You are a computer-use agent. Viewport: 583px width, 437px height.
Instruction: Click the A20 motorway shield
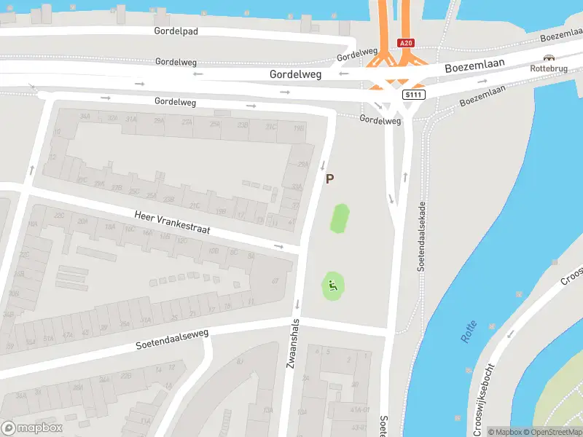pos(407,44)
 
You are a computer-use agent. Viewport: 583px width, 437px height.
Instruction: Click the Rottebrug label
pos(549,68)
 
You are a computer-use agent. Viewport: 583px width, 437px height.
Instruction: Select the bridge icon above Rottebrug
pos(549,58)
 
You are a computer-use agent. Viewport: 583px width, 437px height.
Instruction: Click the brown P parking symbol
pos(330,179)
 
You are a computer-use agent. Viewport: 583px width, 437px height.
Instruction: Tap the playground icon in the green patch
pos(332,286)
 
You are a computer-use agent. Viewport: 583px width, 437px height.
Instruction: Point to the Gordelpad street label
pos(176,31)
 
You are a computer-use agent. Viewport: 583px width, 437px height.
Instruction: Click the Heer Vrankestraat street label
pos(172,222)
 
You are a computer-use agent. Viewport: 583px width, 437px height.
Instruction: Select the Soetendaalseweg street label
pos(172,339)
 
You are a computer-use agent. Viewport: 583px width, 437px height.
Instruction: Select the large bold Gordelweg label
pos(294,74)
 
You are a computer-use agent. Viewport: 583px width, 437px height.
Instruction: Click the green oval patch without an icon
pos(340,219)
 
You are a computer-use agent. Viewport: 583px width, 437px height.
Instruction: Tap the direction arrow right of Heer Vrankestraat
pos(278,246)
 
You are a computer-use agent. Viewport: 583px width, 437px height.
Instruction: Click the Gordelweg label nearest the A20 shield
pos(358,53)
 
